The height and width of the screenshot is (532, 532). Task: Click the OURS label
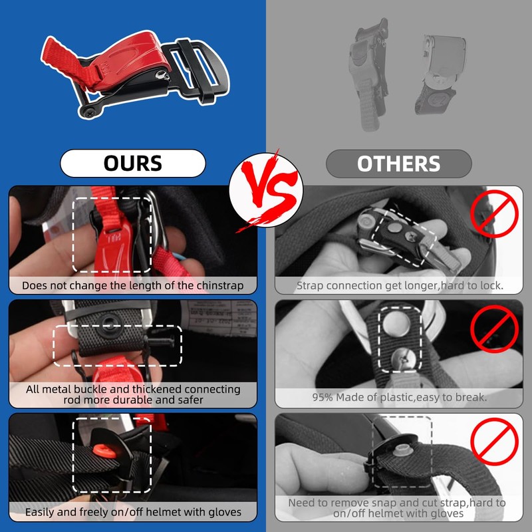[132, 163]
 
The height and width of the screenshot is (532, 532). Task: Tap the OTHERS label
[398, 164]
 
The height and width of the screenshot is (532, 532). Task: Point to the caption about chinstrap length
[133, 286]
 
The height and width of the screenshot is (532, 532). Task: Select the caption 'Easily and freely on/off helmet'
[133, 512]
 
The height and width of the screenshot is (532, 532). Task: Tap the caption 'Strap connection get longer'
[398, 286]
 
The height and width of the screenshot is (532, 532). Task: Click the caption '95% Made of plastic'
[398, 397]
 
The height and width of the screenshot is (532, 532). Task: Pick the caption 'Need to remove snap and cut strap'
[398, 508]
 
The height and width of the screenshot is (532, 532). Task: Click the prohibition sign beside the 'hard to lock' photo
[494, 213]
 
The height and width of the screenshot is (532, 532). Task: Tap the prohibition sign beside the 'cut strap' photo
[494, 441]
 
